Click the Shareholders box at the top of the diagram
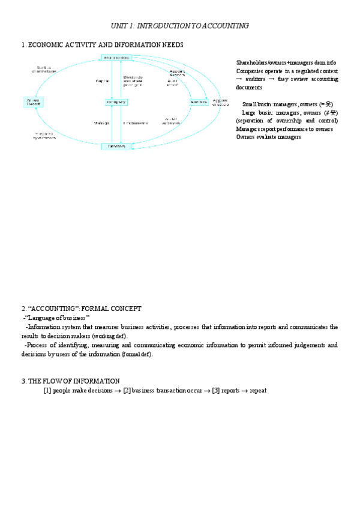(x=116, y=58)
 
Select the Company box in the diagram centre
(x=116, y=102)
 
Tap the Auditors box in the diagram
(x=198, y=102)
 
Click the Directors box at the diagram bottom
(x=116, y=146)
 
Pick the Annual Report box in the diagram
(x=32, y=101)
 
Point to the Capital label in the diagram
(x=102, y=80)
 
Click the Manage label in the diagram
(x=101, y=123)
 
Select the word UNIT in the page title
(x=120, y=26)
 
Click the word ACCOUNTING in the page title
(x=226, y=26)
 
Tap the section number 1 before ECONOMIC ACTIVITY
(x=23, y=45)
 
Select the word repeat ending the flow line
(x=257, y=391)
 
